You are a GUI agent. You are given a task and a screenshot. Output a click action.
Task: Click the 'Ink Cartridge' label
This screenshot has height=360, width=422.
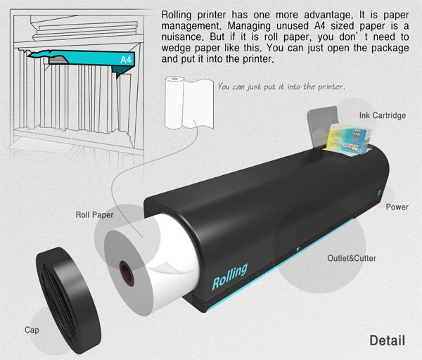[x=383, y=116]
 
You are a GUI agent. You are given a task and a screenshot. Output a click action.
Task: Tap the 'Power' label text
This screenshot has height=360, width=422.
[x=397, y=207]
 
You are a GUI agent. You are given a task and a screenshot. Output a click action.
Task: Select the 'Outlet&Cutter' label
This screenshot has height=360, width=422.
[x=352, y=258]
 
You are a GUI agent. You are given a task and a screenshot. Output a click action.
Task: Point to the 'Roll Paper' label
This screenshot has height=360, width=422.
[x=94, y=215]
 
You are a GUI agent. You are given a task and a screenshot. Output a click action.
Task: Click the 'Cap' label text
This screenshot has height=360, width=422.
[x=32, y=330]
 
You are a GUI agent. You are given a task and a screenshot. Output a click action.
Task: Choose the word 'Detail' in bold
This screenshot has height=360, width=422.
[x=388, y=340]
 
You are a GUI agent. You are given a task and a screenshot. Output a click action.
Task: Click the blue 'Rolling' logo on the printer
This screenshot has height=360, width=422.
[x=229, y=276]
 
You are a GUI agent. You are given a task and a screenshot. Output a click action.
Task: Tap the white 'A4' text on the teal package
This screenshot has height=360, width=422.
[x=125, y=60]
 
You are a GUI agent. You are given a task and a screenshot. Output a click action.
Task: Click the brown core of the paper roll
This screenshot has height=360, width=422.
[x=127, y=274]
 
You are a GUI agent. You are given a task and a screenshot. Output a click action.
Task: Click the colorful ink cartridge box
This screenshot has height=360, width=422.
[x=347, y=140]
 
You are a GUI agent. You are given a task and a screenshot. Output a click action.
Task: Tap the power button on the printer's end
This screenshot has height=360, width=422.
[x=378, y=192]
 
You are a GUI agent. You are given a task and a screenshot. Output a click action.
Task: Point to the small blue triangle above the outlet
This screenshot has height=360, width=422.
[x=298, y=250]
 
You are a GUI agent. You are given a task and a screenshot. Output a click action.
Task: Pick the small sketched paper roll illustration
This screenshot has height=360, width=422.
[x=189, y=103]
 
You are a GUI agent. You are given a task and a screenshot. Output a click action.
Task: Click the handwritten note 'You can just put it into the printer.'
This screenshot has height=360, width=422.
[x=281, y=86]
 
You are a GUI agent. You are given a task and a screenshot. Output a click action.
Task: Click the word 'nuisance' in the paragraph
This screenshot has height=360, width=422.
[x=181, y=37]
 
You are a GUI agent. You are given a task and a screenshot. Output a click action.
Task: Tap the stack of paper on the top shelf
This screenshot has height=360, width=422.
[x=86, y=30]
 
